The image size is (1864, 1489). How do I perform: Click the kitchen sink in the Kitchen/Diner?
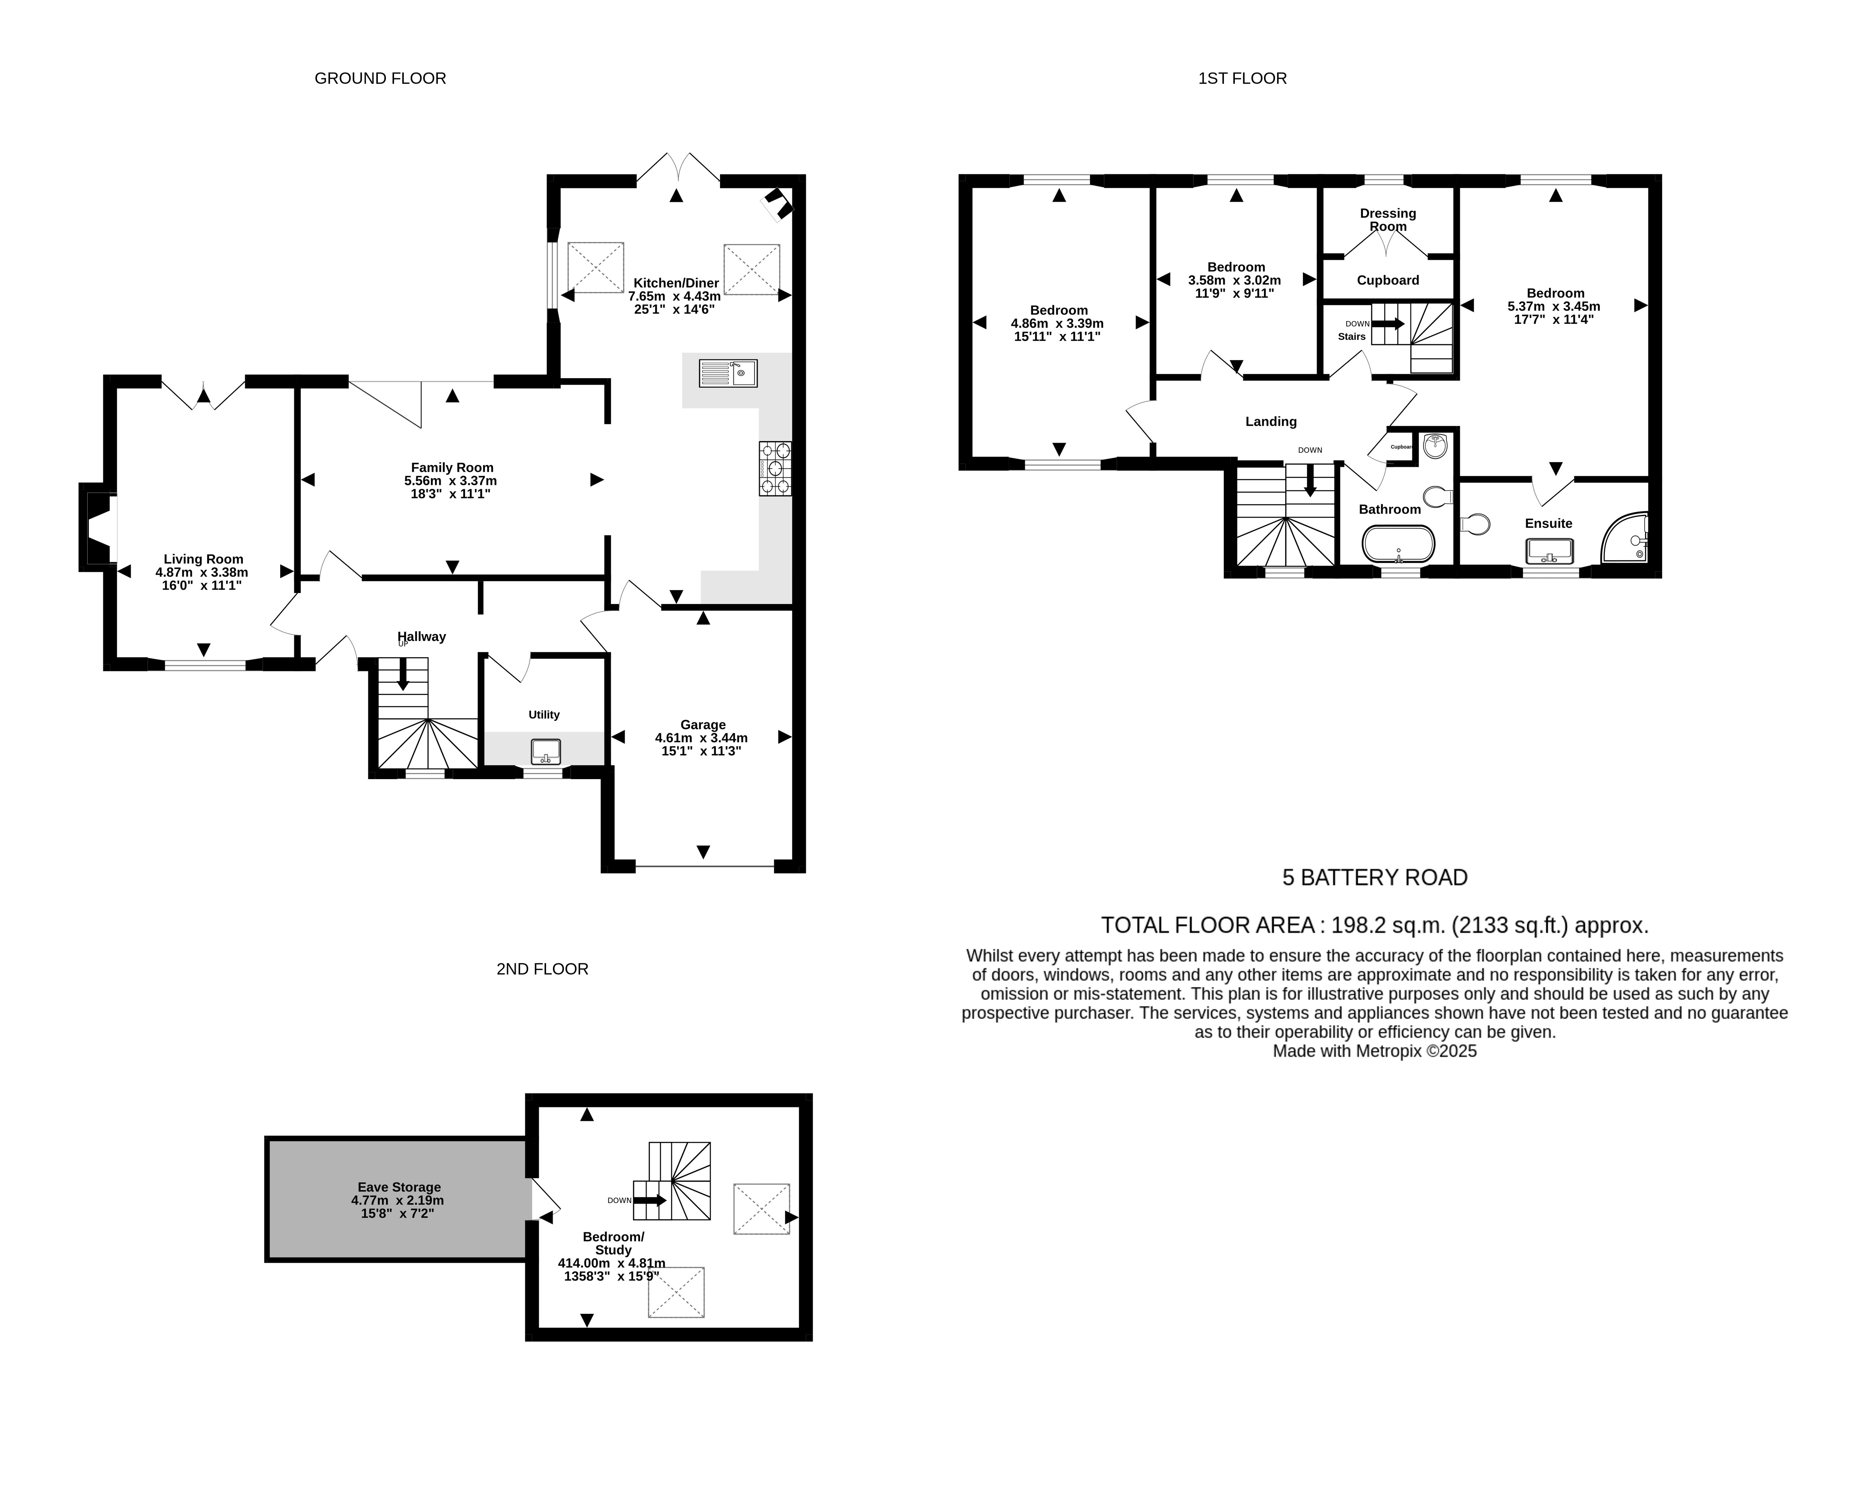pos(728,373)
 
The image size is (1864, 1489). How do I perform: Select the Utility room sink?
pos(546,752)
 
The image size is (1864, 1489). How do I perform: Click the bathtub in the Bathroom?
pos(1398,544)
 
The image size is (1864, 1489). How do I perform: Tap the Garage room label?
pos(703,724)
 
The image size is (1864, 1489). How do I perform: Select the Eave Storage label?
pos(399,1187)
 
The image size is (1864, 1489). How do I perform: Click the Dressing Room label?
pos(1388,220)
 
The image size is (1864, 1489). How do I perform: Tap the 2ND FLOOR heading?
pos(542,969)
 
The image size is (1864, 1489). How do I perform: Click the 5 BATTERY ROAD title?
pos(1375,878)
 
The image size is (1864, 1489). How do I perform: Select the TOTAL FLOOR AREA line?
pos(1375,925)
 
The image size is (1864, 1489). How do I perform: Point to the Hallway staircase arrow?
pos(403,674)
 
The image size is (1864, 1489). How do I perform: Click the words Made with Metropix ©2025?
pos(1375,1052)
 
